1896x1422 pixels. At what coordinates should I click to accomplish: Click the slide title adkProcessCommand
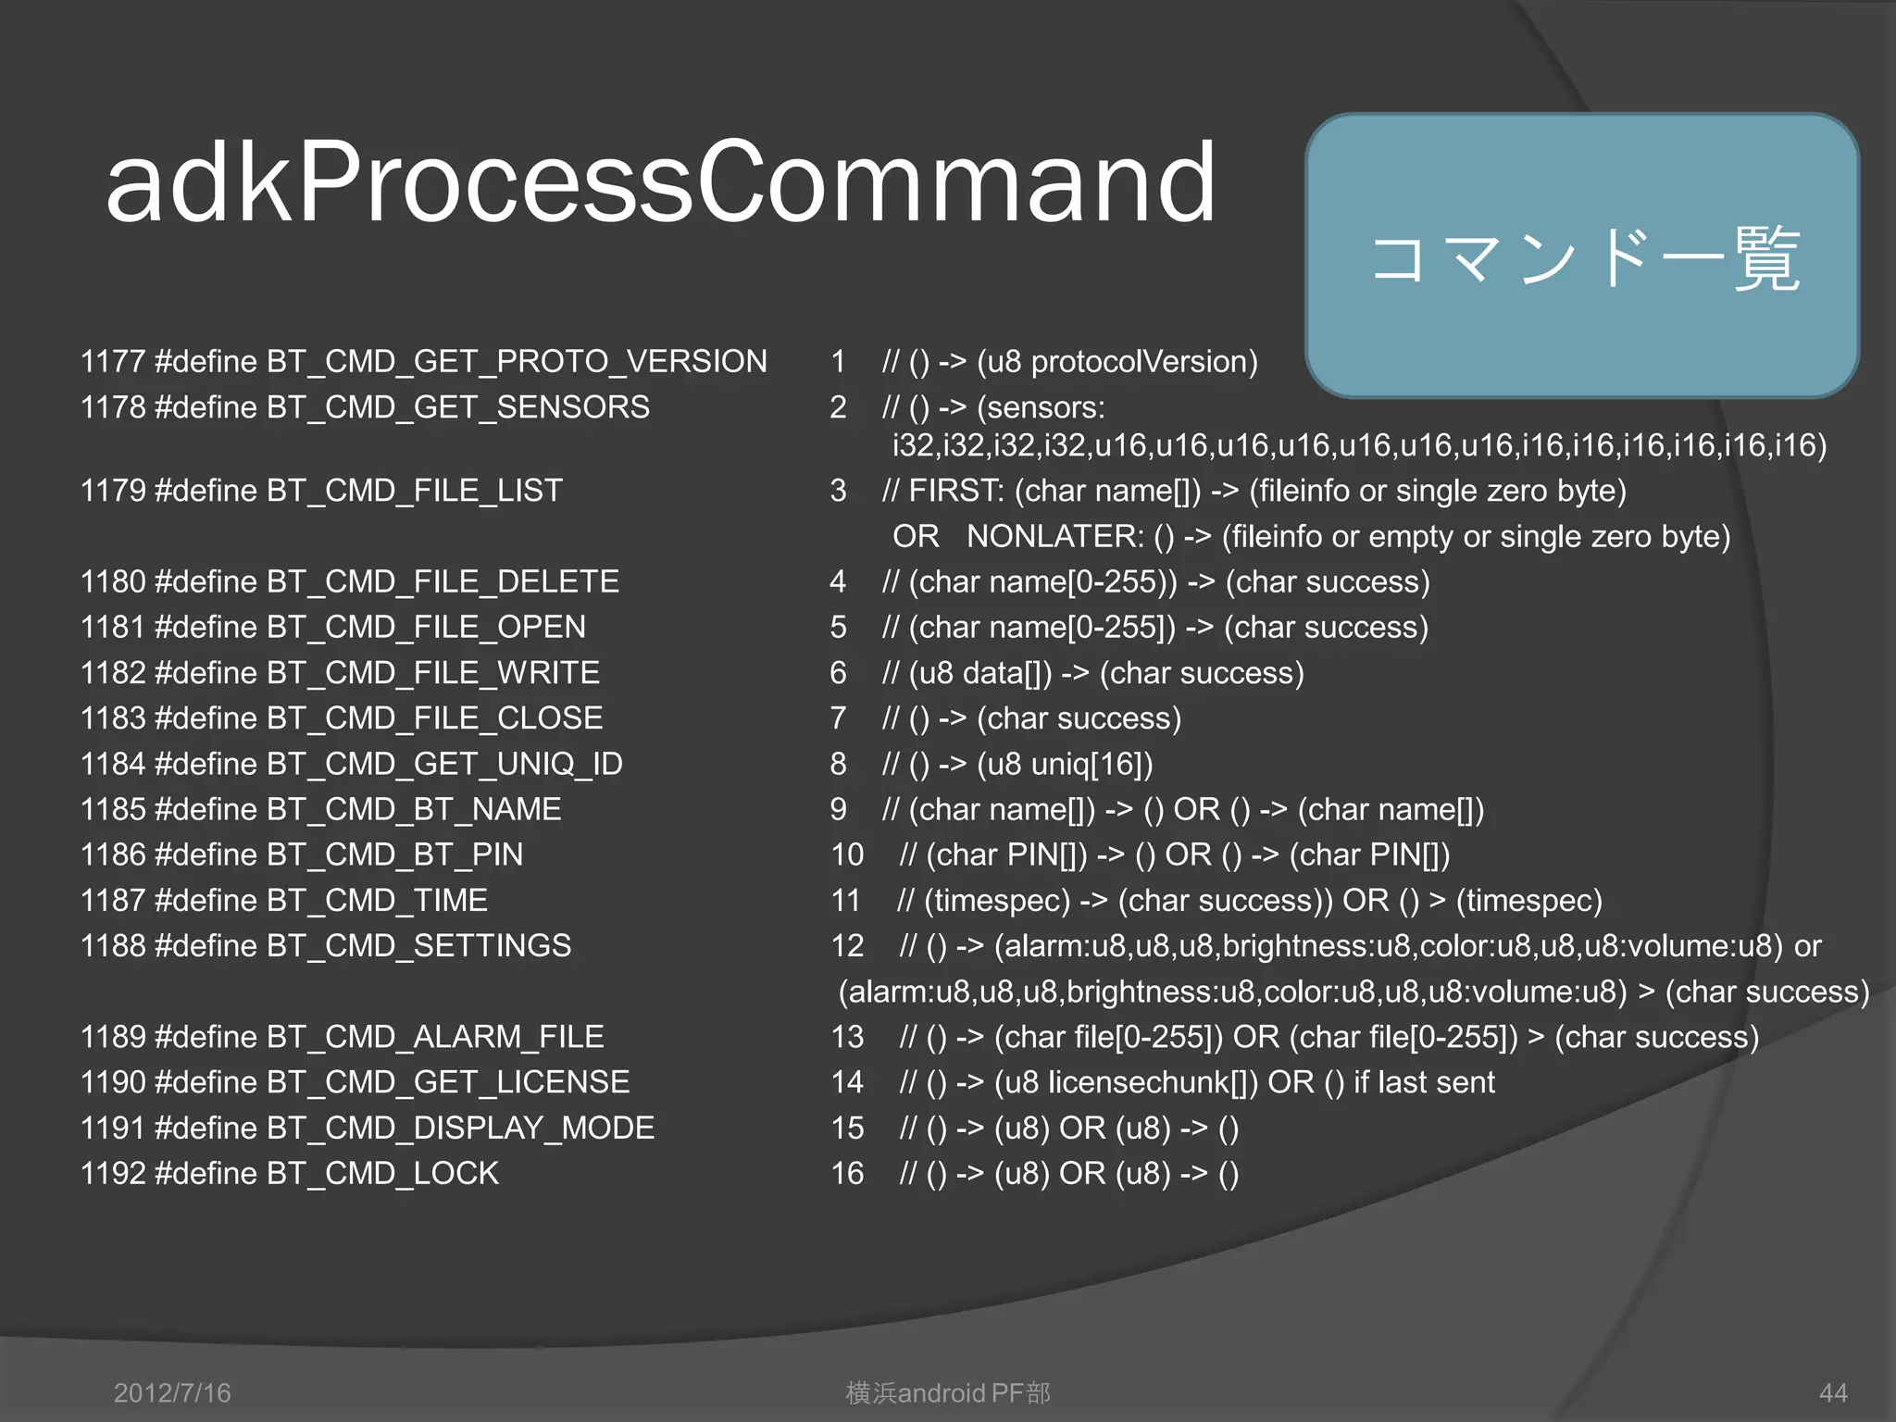point(661,182)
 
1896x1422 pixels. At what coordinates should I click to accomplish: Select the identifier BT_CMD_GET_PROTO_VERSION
point(517,361)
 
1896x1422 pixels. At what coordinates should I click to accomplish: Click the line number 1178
point(113,407)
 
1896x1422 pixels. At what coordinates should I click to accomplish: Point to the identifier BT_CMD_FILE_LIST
point(414,491)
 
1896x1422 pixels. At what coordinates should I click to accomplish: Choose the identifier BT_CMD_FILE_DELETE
point(443,581)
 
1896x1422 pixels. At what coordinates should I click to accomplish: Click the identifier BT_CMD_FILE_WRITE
point(432,673)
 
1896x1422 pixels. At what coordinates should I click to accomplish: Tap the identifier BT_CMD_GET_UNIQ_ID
point(444,764)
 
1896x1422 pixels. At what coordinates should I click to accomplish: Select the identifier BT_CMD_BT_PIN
point(394,854)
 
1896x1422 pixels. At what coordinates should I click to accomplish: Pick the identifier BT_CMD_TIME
point(377,900)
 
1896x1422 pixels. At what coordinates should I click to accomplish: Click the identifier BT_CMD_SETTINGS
point(418,945)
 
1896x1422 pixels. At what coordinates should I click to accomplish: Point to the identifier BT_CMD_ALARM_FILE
point(435,1037)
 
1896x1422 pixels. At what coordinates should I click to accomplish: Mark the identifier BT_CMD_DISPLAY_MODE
point(460,1128)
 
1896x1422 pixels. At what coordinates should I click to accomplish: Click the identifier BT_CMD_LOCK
point(382,1173)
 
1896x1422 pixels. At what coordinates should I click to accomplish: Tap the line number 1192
point(113,1173)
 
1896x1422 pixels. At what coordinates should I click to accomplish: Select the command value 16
point(847,1173)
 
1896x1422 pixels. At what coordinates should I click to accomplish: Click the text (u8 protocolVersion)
point(1117,361)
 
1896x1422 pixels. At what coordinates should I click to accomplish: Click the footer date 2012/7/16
point(172,1392)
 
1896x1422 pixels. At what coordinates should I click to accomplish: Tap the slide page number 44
point(1833,1392)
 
